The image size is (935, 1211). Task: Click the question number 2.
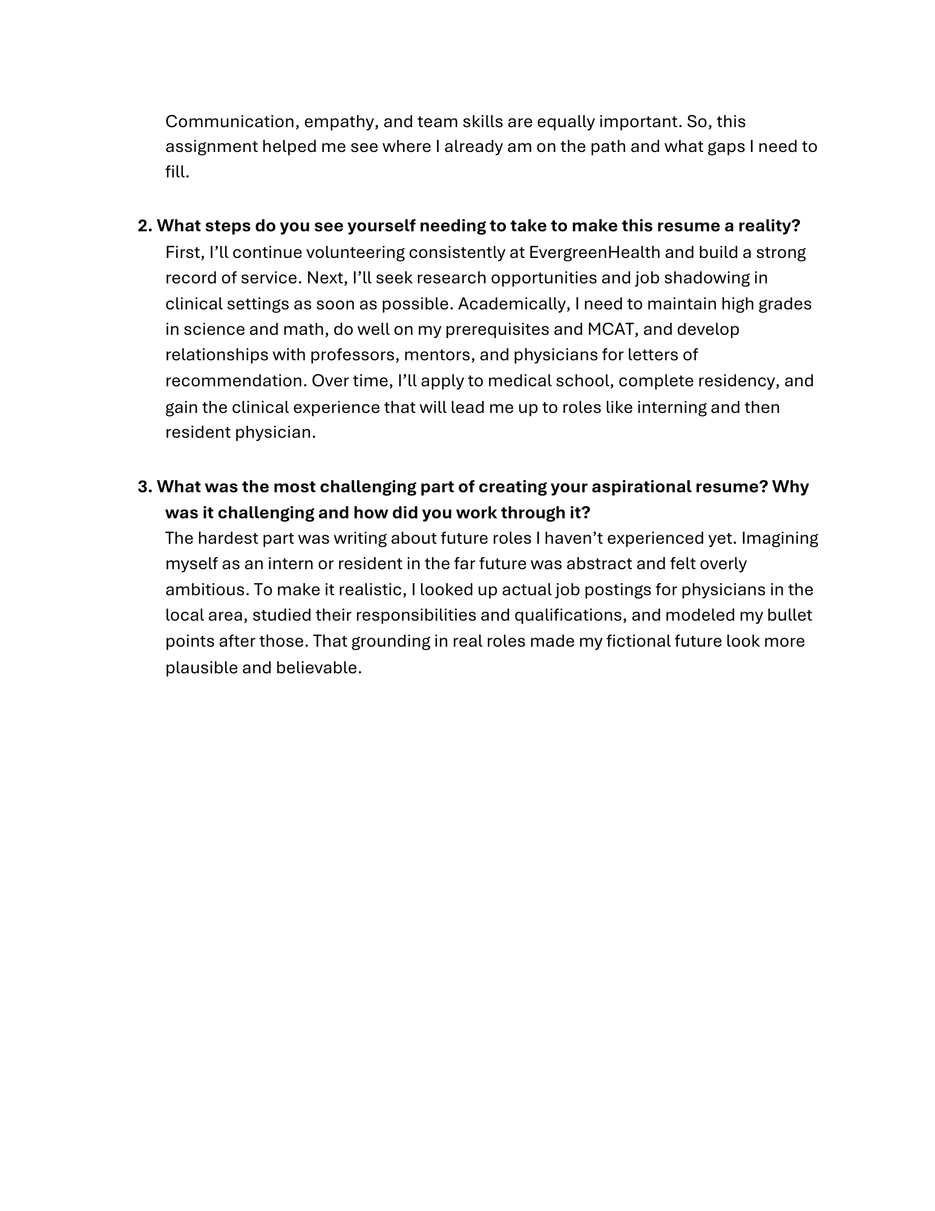[x=145, y=226]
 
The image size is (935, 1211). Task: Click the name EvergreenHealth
[x=594, y=252]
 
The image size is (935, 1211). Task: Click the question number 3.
[x=145, y=487]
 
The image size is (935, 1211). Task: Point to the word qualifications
[x=567, y=615]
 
